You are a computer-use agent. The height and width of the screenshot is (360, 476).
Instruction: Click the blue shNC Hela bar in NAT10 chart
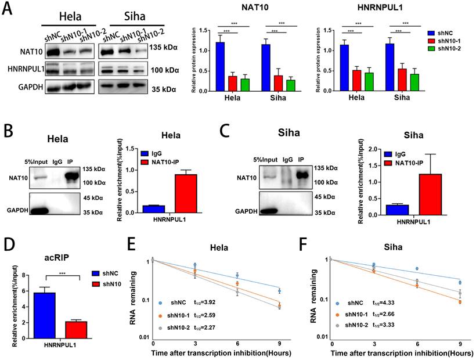coord(221,67)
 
